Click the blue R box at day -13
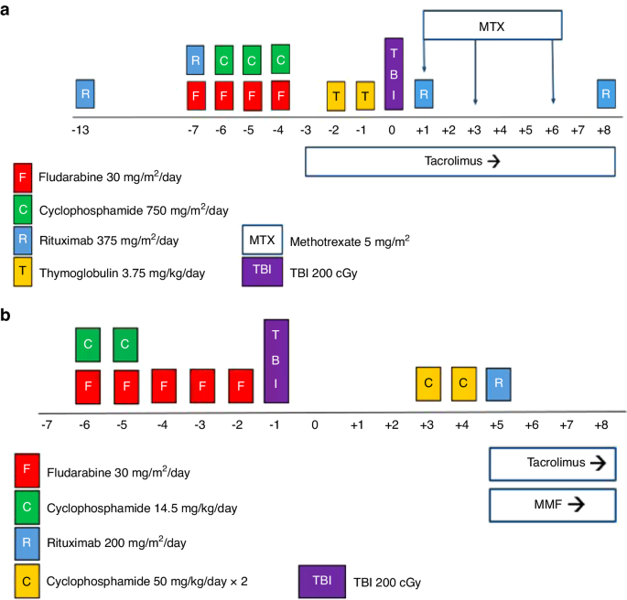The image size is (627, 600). (85, 93)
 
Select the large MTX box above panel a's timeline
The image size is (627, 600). (492, 27)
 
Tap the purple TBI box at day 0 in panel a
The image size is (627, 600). (394, 74)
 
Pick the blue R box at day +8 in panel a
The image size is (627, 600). (605, 93)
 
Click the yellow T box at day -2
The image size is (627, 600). (337, 95)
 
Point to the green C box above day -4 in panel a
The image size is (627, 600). (280, 59)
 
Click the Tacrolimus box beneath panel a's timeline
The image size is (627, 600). (459, 160)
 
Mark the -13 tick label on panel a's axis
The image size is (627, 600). (81, 130)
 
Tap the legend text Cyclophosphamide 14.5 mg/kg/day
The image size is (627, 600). (136, 509)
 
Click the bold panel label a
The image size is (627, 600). (8, 9)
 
